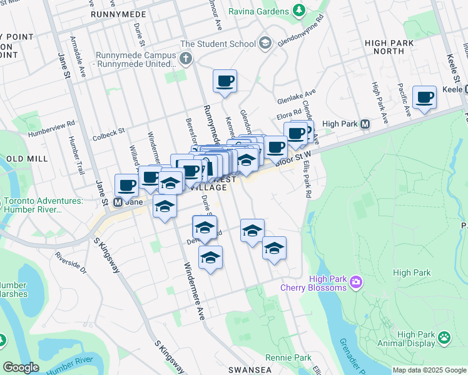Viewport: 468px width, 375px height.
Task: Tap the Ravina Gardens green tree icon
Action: [299, 11]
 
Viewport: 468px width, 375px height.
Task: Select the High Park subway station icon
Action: [365, 124]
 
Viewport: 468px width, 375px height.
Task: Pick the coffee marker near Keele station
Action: [424, 97]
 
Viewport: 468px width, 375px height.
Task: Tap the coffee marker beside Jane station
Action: [127, 185]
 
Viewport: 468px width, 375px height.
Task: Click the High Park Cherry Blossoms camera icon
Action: [356, 282]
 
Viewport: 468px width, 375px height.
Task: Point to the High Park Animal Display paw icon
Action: [444, 338]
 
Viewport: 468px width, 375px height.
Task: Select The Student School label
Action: [218, 44]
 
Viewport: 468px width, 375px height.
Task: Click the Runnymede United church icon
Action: [186, 59]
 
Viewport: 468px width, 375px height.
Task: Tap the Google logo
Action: [21, 367]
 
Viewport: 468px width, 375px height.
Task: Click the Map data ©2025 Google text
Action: [429, 370]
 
